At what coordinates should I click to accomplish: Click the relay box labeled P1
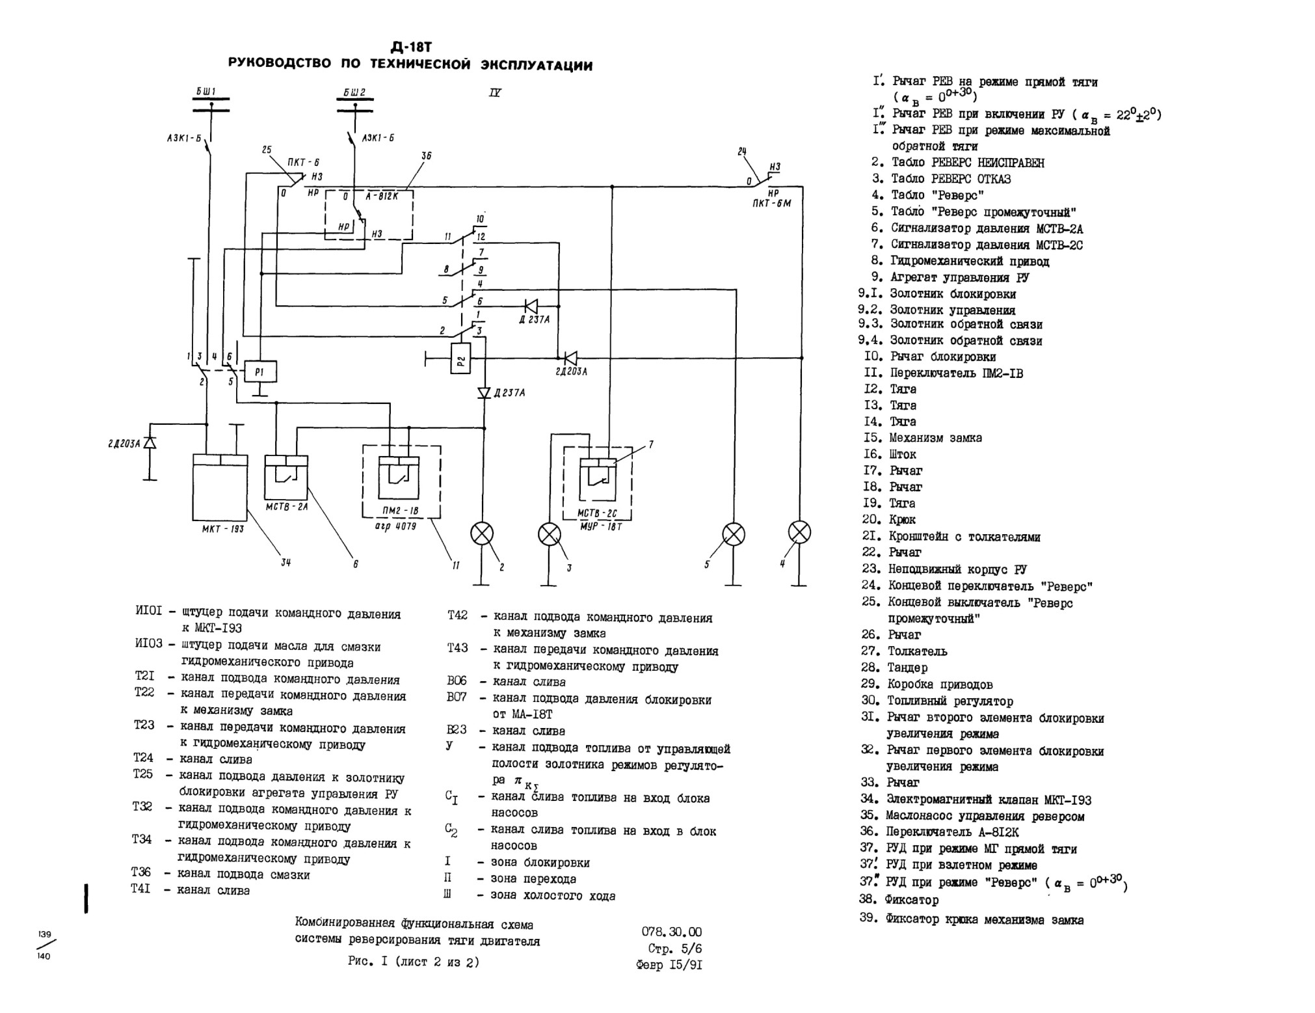click(260, 371)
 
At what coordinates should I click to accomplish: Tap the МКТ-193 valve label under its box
click(223, 529)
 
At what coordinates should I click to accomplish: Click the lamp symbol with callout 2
click(482, 534)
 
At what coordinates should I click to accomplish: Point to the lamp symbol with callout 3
click(550, 535)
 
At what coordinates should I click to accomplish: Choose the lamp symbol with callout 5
click(734, 535)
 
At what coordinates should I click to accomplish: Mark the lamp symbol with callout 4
click(800, 532)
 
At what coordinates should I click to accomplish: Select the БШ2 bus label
click(354, 92)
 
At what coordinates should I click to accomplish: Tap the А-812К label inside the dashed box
click(382, 195)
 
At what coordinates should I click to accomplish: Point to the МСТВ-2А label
click(287, 506)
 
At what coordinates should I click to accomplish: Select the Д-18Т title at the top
click(411, 47)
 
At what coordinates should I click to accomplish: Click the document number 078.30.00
click(672, 932)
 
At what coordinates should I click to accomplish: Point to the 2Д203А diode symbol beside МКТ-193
click(150, 442)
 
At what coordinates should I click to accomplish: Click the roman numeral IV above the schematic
click(495, 93)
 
